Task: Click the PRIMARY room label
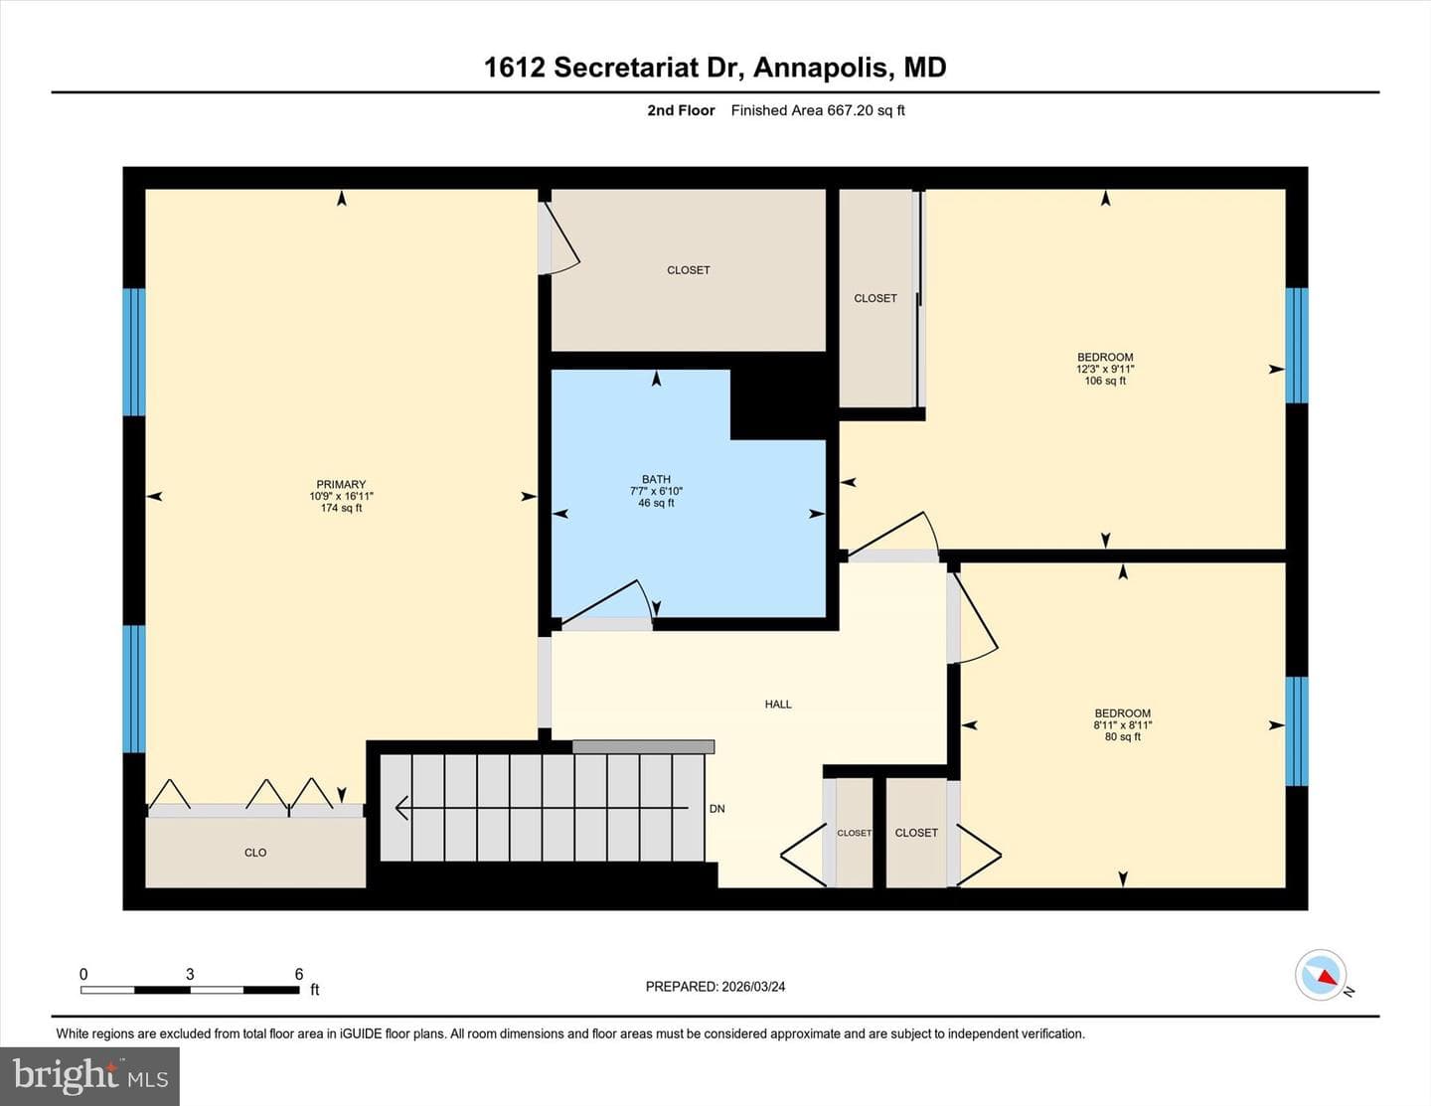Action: tap(341, 484)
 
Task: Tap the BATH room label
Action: tap(656, 479)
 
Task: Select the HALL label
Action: tap(778, 705)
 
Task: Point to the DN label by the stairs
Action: tap(717, 809)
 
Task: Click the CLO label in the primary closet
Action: tap(255, 853)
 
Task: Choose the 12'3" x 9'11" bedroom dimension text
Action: tap(1105, 370)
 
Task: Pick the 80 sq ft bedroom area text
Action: tap(1123, 736)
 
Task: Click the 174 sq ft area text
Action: tap(341, 508)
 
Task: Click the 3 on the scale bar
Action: tap(191, 974)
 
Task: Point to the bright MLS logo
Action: tap(89, 1076)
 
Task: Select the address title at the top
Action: tap(715, 68)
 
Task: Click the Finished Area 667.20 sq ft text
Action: tap(818, 110)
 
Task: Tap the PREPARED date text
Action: tap(715, 987)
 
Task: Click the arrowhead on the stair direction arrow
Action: tap(401, 808)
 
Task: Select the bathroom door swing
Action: tap(607, 601)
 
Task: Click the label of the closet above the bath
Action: tap(688, 270)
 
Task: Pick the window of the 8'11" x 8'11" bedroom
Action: tap(1297, 730)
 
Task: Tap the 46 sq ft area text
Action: tap(656, 503)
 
